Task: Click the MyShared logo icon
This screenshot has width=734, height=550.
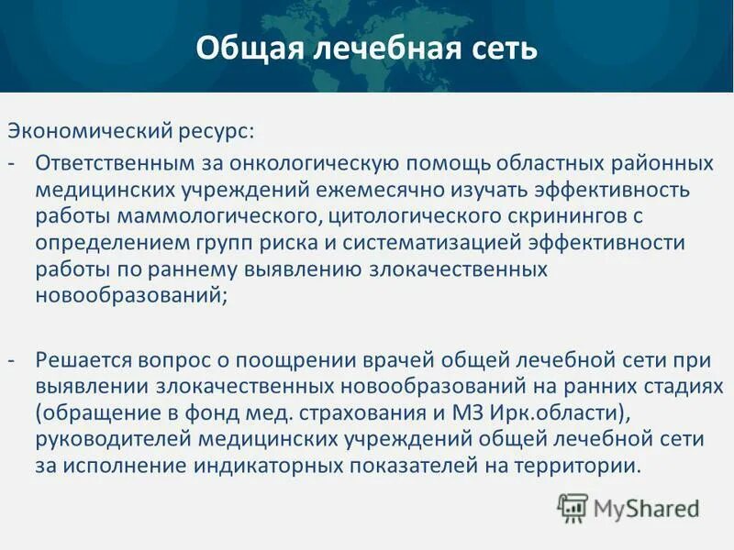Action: click(573, 506)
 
